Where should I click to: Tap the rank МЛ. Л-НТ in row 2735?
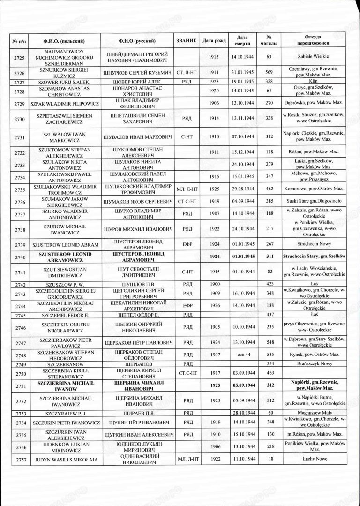point(186,192)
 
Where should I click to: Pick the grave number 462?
point(269,192)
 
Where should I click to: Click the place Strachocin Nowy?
point(312,244)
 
